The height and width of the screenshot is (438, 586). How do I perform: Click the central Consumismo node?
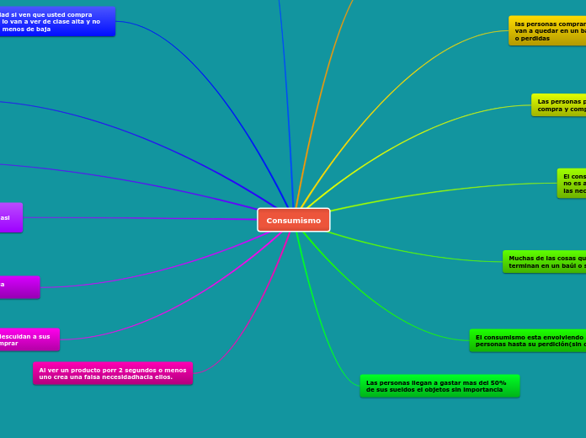(294, 220)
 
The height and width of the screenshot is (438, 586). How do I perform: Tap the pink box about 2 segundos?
(113, 373)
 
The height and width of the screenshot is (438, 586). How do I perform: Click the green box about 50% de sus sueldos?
(439, 386)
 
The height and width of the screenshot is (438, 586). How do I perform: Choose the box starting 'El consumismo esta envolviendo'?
(528, 340)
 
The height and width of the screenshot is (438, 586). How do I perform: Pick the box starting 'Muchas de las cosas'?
(545, 262)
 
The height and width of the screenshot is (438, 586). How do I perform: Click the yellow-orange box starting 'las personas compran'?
(547, 30)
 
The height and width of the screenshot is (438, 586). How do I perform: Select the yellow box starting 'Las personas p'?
(559, 105)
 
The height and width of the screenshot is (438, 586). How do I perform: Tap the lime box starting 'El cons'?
(572, 183)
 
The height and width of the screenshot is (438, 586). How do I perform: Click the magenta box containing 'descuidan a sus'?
(29, 339)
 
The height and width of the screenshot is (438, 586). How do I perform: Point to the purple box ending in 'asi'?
(10, 217)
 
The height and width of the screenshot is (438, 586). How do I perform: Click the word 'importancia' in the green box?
(482, 390)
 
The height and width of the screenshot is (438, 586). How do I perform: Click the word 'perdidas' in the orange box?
(535, 38)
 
